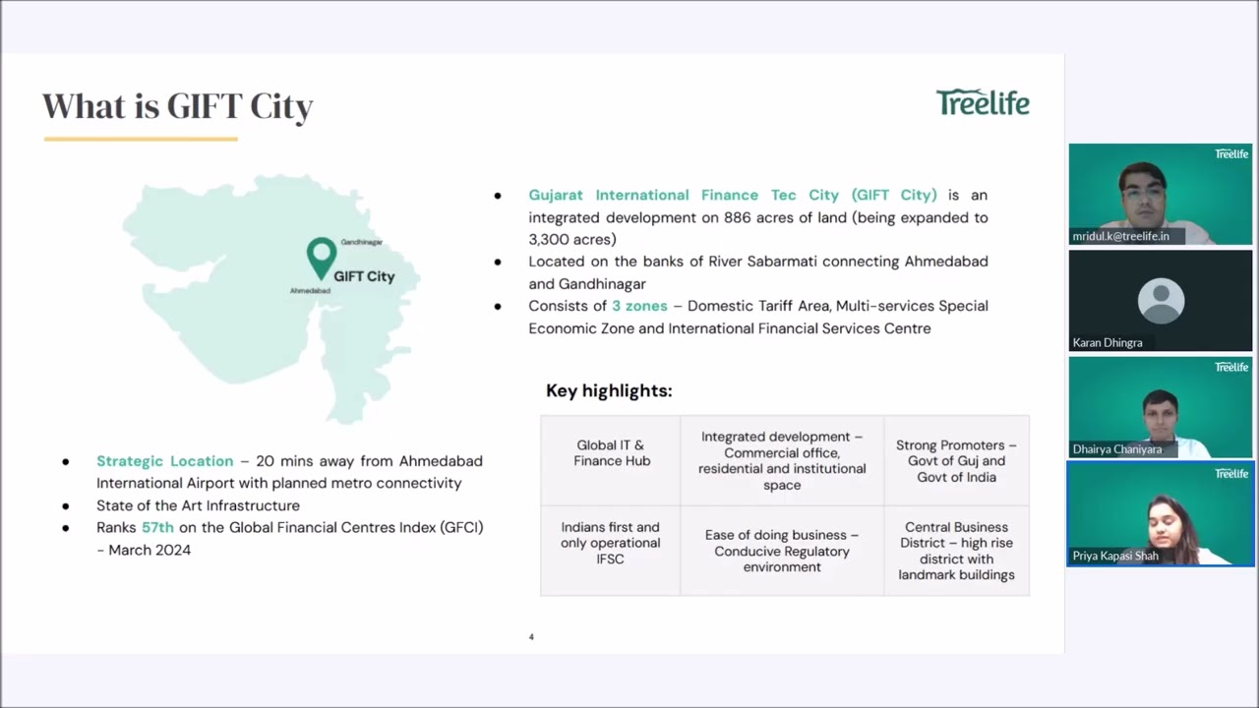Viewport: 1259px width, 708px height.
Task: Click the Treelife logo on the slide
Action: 983,102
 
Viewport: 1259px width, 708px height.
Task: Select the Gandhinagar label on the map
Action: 361,242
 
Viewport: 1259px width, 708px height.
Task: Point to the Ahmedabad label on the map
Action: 310,291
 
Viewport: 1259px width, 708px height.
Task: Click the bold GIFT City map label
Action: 364,276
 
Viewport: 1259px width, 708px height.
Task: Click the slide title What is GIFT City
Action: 178,106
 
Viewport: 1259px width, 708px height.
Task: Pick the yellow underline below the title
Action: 141,139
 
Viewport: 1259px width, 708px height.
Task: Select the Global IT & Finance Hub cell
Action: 611,453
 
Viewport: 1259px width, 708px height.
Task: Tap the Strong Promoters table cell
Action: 956,461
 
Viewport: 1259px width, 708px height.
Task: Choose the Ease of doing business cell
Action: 781,551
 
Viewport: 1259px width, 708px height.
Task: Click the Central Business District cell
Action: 956,551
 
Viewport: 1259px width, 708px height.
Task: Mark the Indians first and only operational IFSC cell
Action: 611,543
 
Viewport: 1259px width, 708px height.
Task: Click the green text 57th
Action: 157,528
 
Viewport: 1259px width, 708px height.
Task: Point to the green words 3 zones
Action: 639,306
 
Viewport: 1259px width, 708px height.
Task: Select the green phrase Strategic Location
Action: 164,461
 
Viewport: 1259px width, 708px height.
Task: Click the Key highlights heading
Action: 609,391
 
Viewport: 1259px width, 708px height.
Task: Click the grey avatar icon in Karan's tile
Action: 1161,299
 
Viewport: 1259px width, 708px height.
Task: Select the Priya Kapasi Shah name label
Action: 1115,556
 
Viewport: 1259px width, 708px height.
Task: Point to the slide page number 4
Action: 531,637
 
